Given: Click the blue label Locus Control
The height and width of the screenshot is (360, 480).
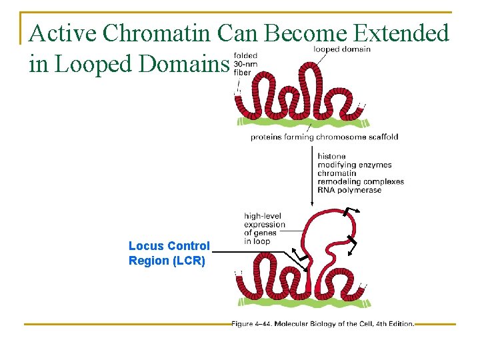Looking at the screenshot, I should click(169, 246).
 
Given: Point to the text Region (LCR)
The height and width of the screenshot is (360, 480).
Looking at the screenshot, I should click(167, 261).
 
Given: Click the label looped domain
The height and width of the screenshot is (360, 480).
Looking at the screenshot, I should click(342, 49).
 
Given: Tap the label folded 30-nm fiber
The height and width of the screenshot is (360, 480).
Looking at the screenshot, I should click(246, 64).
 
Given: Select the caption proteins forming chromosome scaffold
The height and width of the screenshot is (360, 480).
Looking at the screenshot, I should click(324, 137).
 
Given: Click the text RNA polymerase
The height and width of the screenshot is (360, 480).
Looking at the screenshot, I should click(349, 190).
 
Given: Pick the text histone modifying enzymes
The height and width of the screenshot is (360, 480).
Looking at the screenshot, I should click(354, 161).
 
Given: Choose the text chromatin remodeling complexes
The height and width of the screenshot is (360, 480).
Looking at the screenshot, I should click(360, 177).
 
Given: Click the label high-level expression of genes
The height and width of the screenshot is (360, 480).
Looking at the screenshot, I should click(264, 228).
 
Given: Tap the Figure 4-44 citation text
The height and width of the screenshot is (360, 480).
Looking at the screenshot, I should click(323, 324).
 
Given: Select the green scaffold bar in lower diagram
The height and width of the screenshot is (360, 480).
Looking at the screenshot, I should click(300, 303).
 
